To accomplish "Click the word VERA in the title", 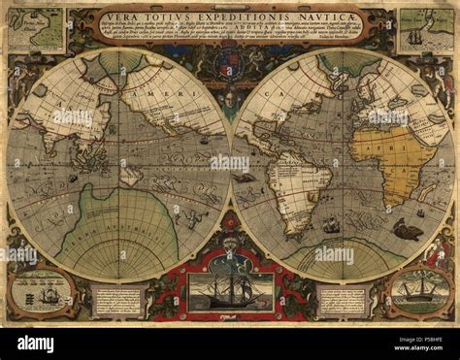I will tap(121, 16).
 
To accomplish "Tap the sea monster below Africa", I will tap(407, 231).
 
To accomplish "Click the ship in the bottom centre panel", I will tap(230, 289).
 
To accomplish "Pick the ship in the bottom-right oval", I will tap(419, 289).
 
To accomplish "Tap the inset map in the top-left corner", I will tap(36, 30).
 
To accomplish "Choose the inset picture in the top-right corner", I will tap(423, 30).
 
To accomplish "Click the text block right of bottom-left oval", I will tap(117, 300).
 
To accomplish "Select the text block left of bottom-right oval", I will tap(343, 300).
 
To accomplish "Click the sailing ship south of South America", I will tap(331, 225).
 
